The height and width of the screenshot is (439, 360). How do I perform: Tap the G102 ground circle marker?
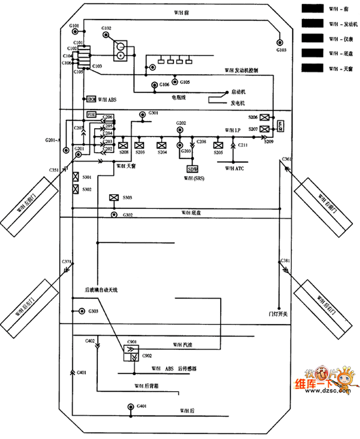tap(106, 35)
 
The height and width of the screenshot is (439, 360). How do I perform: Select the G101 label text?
tap(74, 25)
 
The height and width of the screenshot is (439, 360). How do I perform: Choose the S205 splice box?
tap(218, 145)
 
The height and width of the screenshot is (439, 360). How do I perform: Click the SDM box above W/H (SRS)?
tap(193, 169)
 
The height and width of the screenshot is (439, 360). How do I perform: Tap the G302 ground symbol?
tap(114, 214)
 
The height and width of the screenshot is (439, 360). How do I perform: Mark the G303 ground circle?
tap(81, 311)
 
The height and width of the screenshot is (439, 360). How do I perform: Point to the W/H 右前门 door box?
tap(323, 201)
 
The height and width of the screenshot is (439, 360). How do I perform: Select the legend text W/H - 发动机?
tap(342, 24)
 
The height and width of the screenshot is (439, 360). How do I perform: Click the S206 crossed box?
tap(265, 117)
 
